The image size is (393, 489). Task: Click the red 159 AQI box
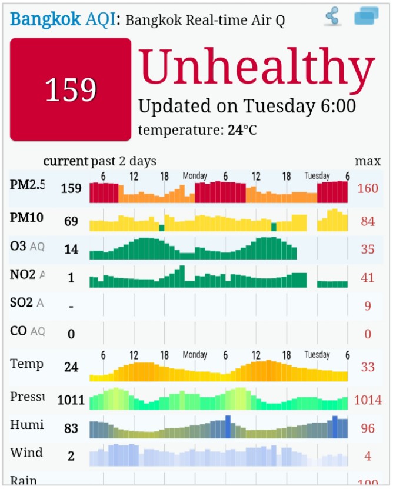pos(71,90)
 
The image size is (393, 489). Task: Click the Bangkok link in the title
pos(46,19)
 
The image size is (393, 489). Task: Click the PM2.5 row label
pos(27,185)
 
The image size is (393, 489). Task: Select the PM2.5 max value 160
pos(368,188)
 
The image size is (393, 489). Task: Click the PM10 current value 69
pos(71,221)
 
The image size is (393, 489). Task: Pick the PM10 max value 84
pos(368,221)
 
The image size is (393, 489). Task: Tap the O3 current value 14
pos(71,250)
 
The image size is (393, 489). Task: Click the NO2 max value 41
pos(368,277)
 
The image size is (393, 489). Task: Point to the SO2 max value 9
pos(368,305)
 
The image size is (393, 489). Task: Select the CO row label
pos(18,331)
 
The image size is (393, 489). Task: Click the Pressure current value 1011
pos(71,401)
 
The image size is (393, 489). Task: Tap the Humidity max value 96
pos(368,428)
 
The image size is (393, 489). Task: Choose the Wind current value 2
pos(71,456)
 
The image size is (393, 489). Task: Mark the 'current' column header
pos(65,161)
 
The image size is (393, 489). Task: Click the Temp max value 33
pos(368,367)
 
